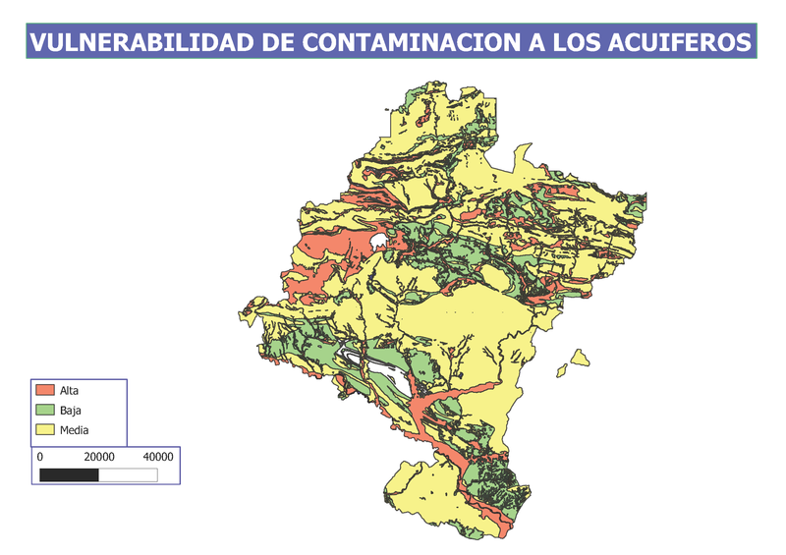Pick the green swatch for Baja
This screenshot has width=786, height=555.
[x=44, y=410]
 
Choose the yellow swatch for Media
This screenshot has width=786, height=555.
[x=44, y=429]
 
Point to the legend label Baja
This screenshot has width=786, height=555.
[x=70, y=410]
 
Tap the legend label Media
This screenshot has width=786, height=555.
[x=75, y=429]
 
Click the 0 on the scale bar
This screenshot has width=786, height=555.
[x=39, y=457]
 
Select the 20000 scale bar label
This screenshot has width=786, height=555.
[x=99, y=457]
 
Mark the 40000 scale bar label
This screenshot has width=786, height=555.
[x=158, y=457]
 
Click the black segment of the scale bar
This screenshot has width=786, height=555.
[x=69, y=474]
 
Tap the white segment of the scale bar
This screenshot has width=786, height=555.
[x=128, y=474]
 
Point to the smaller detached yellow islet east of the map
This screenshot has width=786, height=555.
[x=562, y=370]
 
